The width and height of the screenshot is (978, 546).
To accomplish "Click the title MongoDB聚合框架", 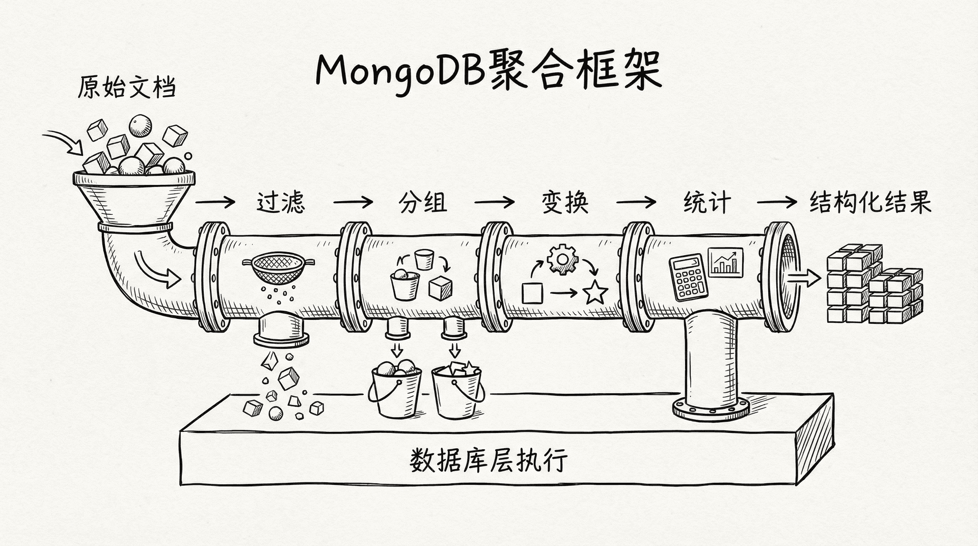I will coord(488,71).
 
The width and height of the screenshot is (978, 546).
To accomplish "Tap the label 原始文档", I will coord(127,88).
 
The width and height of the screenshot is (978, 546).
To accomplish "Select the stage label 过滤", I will coord(281,202).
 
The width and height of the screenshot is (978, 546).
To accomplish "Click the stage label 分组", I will coord(422,202).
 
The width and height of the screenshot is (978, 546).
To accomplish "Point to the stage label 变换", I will coord(564,202).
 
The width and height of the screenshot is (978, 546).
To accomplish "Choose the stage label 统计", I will coord(707,202).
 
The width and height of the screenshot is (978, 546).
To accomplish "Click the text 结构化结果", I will coord(870,202).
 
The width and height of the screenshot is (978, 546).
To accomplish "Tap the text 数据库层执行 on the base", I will coord(488,460).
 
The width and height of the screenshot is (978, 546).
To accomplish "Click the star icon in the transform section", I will coord(595,292).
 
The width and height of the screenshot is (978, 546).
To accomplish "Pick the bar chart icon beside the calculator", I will coord(725,261).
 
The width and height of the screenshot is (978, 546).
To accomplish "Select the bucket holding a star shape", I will coord(457,390).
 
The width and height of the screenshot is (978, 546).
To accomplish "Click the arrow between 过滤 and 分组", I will coord(353,202).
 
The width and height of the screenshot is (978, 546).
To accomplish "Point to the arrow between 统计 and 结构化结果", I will coord(776,202).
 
